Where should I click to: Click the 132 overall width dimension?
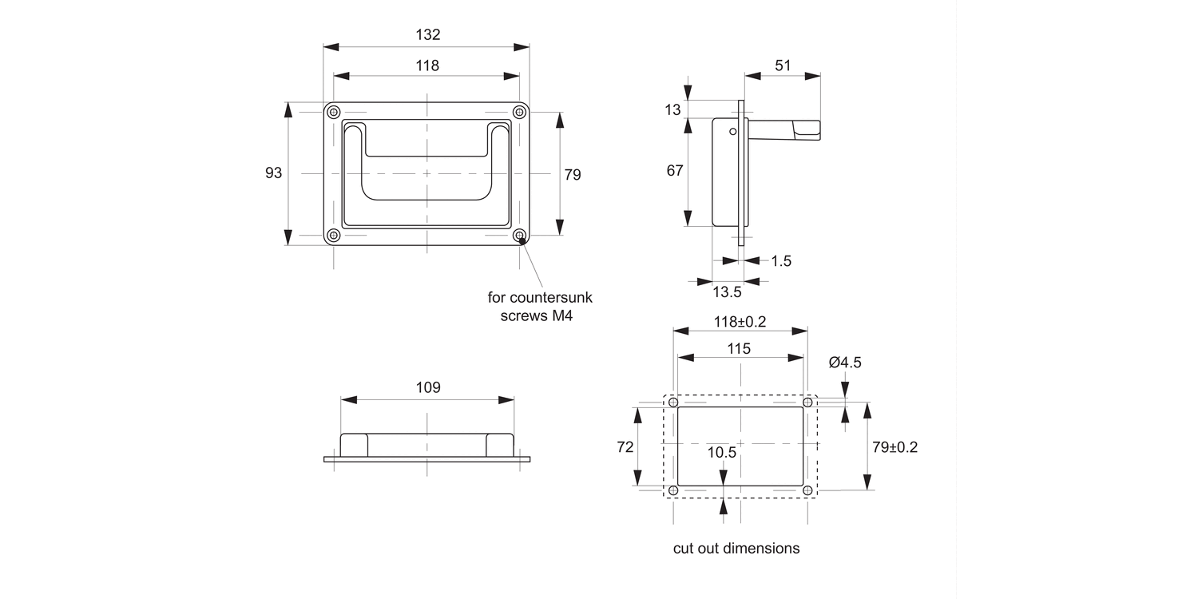pyautogui.click(x=427, y=35)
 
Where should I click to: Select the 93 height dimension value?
pyautogui.click(x=274, y=173)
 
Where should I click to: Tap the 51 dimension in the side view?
pyautogui.click(x=783, y=65)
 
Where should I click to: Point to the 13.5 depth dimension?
pyautogui.click(x=726, y=292)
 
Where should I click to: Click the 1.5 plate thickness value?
pyautogui.click(x=781, y=261)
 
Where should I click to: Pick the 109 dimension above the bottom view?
pyautogui.click(x=427, y=387)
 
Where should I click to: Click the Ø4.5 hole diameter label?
pyautogui.click(x=845, y=363)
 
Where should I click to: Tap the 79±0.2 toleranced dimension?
pyautogui.click(x=895, y=447)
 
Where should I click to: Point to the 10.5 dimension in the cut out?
pyautogui.click(x=722, y=452)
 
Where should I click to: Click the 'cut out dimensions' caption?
pyautogui.click(x=736, y=549)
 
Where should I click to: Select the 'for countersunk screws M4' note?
pyautogui.click(x=540, y=306)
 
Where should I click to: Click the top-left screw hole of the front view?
pyautogui.click(x=334, y=111)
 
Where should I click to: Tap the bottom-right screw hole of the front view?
pyautogui.click(x=520, y=236)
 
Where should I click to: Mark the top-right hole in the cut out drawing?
pyautogui.click(x=807, y=403)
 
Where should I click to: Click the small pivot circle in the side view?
pyautogui.click(x=732, y=132)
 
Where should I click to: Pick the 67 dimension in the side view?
pyautogui.click(x=675, y=170)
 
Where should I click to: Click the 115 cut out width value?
pyautogui.click(x=740, y=349)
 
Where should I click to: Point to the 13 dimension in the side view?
pyautogui.click(x=673, y=109)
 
